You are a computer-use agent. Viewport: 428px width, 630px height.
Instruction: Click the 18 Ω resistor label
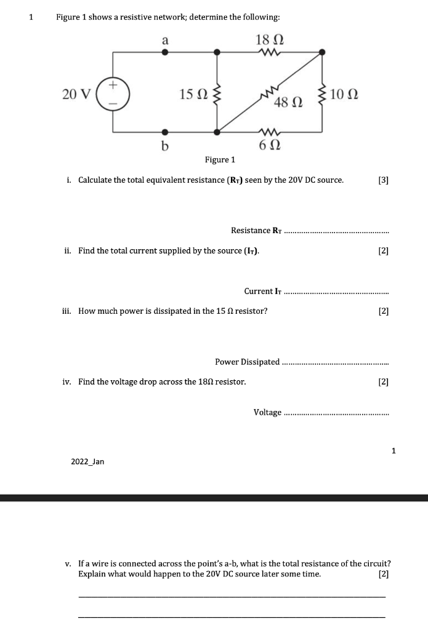click(269, 40)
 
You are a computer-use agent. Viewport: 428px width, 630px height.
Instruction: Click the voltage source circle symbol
click(113, 94)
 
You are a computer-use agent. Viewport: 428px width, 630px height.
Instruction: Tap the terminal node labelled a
click(164, 53)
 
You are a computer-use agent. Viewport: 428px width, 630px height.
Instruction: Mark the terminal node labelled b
click(164, 132)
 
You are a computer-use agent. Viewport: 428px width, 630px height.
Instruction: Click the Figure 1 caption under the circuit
click(220, 160)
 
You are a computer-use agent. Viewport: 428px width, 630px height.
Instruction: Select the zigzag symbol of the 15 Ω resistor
click(216, 95)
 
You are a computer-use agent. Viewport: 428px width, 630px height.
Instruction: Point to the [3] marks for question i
click(384, 180)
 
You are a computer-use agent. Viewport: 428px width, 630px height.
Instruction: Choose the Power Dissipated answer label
click(248, 361)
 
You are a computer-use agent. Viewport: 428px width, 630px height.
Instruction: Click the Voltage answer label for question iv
click(268, 412)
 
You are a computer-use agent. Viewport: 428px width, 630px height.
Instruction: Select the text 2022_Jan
click(87, 461)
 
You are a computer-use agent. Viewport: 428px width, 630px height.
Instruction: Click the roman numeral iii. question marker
click(68, 311)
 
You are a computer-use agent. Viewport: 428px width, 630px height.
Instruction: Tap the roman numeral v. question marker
click(70, 563)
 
